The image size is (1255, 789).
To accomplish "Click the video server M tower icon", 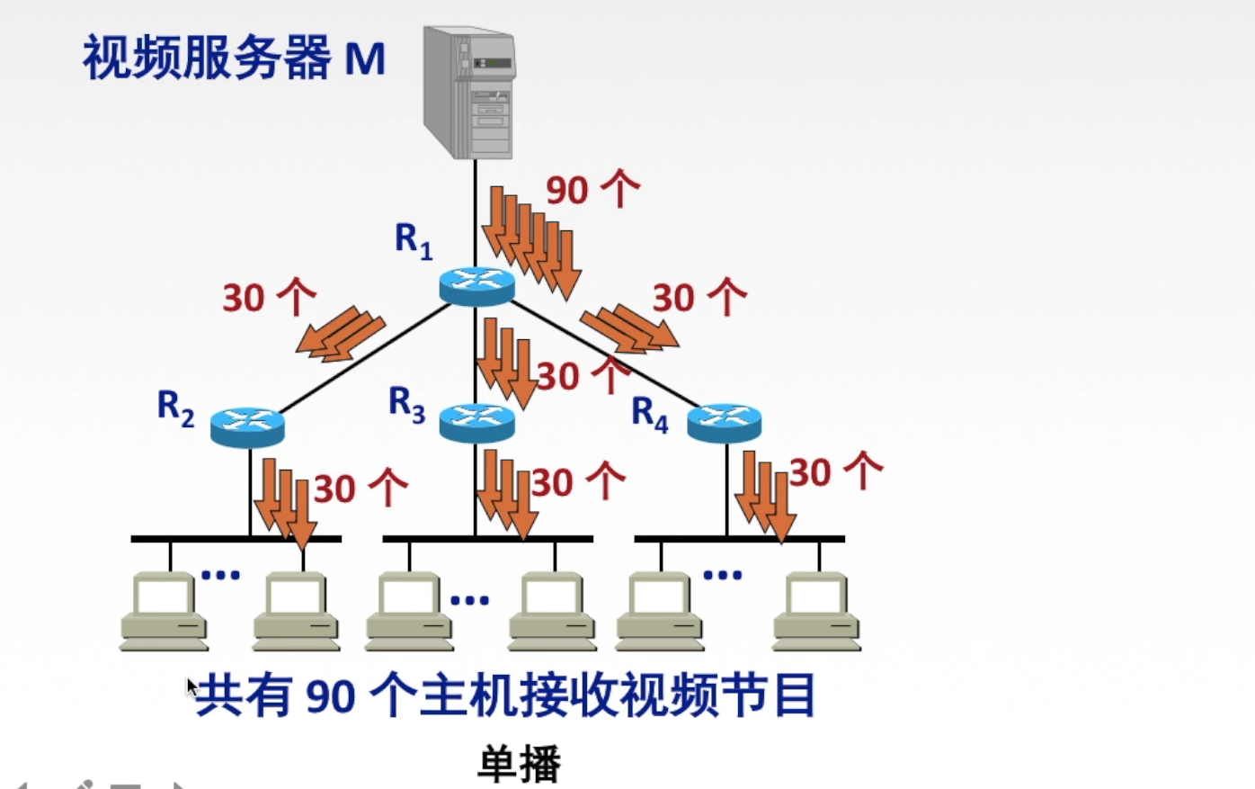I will coord(469,93).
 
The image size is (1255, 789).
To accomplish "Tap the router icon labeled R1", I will coord(476,286).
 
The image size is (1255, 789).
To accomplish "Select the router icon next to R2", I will coord(247,425).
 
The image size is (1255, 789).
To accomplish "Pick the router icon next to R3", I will coord(476,421).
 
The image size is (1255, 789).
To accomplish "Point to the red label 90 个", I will coord(592,190).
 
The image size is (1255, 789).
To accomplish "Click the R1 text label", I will coord(414,240).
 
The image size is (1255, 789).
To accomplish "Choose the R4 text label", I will coord(650,413).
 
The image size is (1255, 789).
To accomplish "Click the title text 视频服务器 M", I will coord(234,58).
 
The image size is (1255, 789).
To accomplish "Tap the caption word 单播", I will coord(519,764).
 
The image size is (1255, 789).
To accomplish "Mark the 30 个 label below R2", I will coord(360,489).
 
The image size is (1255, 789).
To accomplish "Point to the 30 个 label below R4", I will coord(835,471).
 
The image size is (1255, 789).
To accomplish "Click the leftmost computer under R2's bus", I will coord(165,610).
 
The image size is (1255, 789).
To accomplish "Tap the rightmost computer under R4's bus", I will coord(816,610).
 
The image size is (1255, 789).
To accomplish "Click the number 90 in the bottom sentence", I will coord(331,696).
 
